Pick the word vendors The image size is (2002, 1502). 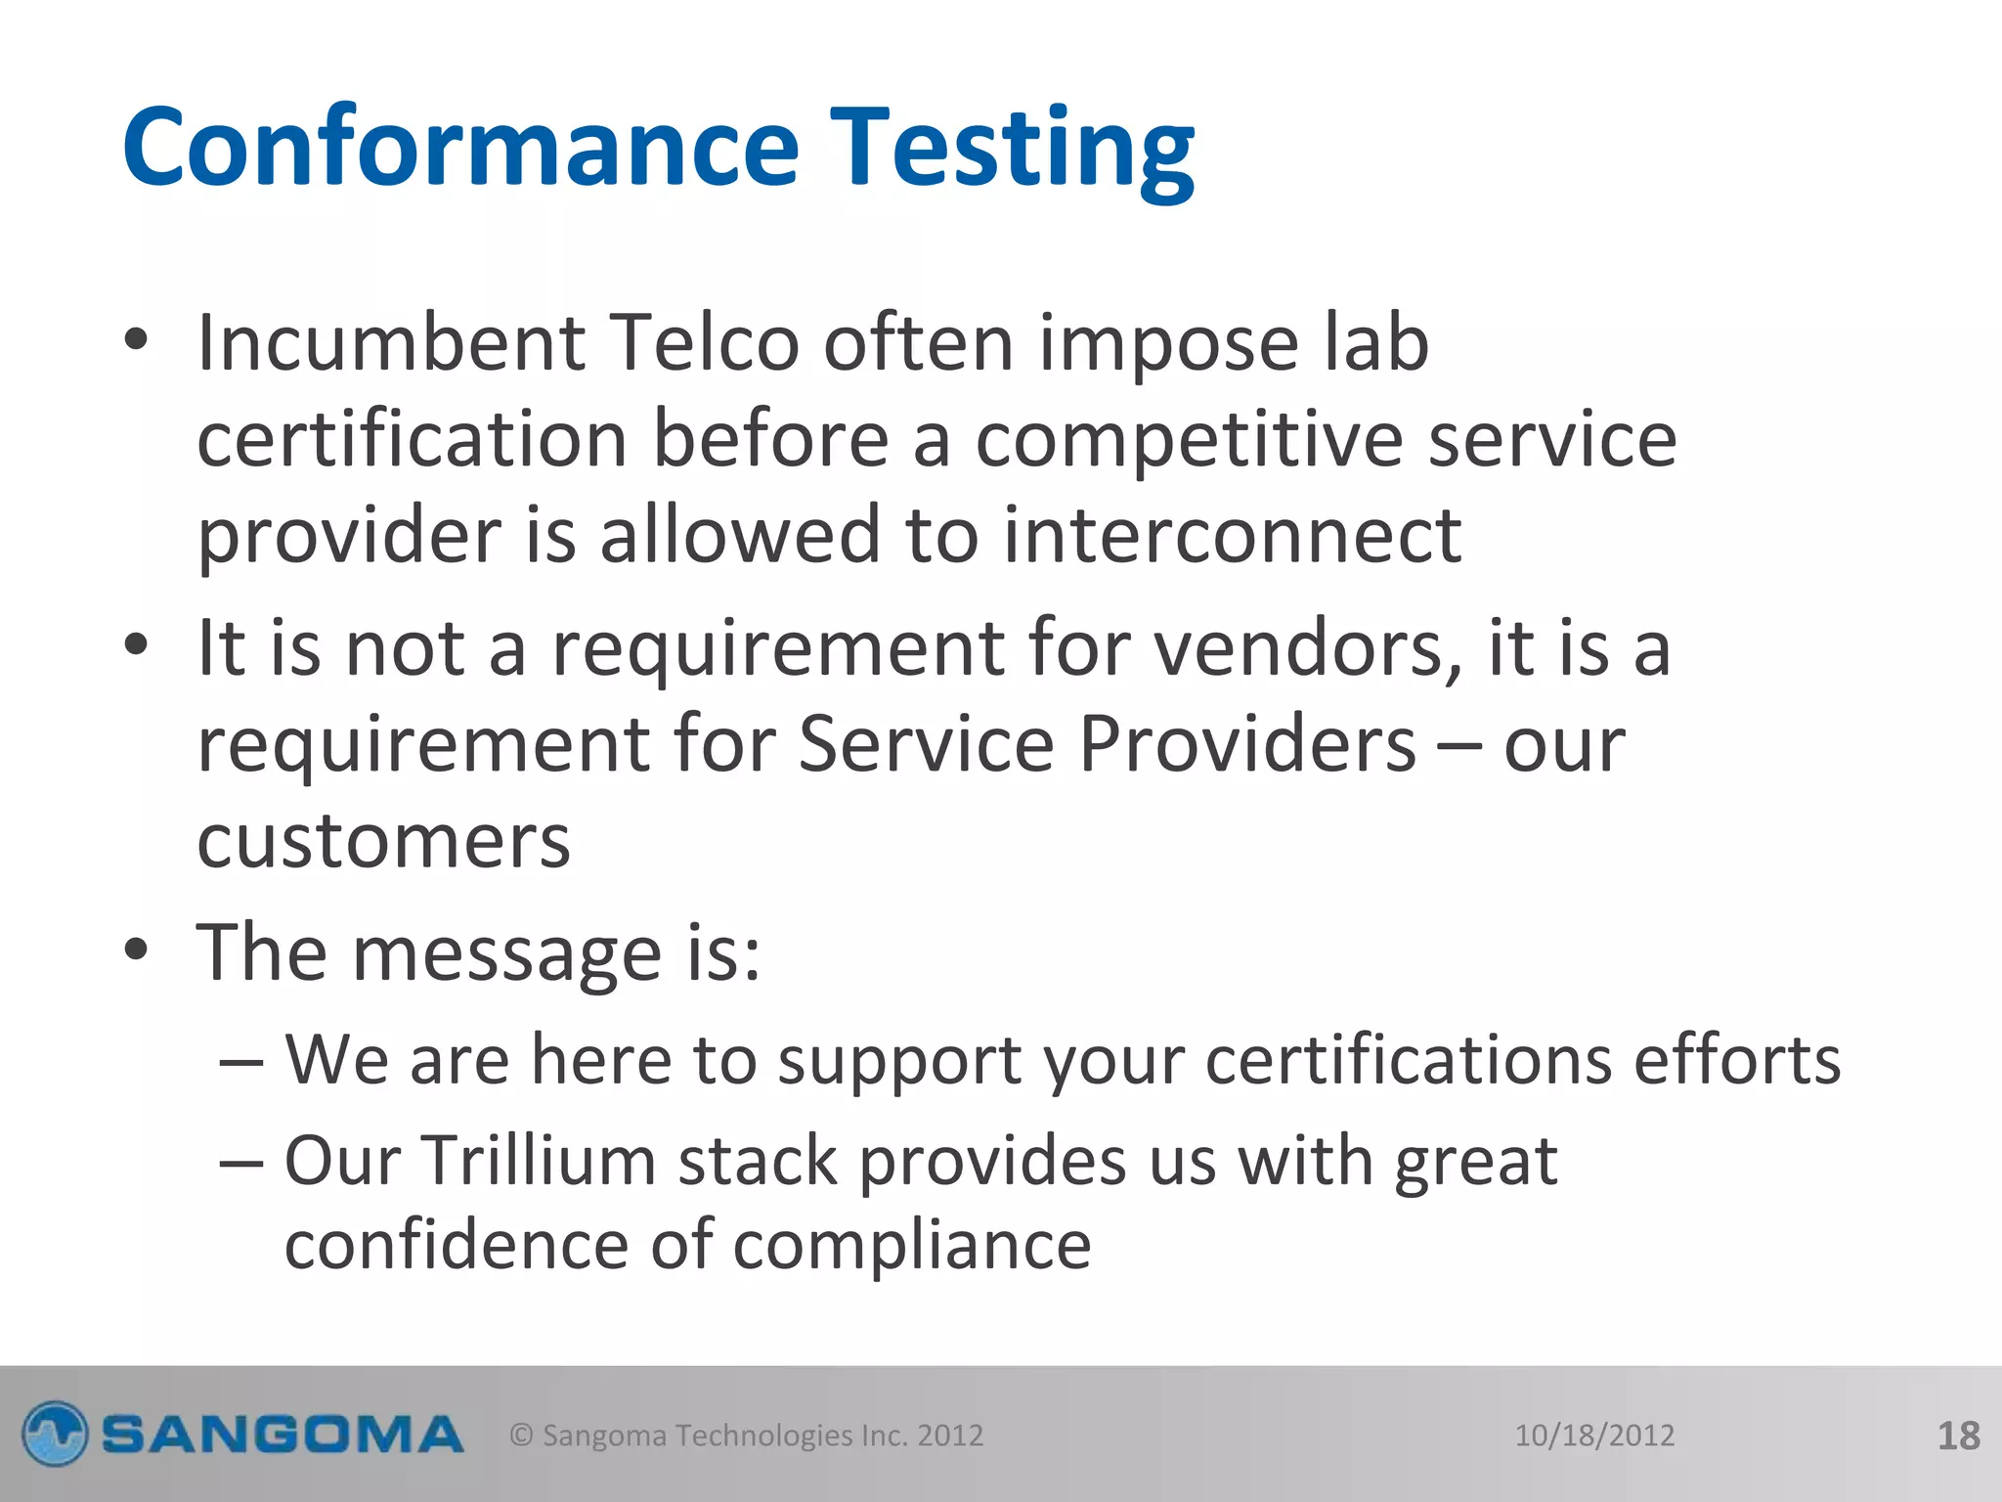pyautogui.click(x=1309, y=648)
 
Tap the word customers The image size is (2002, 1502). pyautogui.click(x=383, y=841)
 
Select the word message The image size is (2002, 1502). pyautogui.click(x=506, y=953)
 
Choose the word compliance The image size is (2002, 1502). pyautogui.click(x=912, y=1247)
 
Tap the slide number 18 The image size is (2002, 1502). pyautogui.click(x=1958, y=1436)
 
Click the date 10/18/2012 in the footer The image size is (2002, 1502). pyautogui.click(x=1594, y=1436)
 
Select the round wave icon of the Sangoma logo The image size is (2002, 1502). pyautogui.click(x=56, y=1435)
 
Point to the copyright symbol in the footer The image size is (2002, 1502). pyautogui.click(x=522, y=1436)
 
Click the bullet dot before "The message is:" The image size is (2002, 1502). pyautogui.click(x=136, y=950)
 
